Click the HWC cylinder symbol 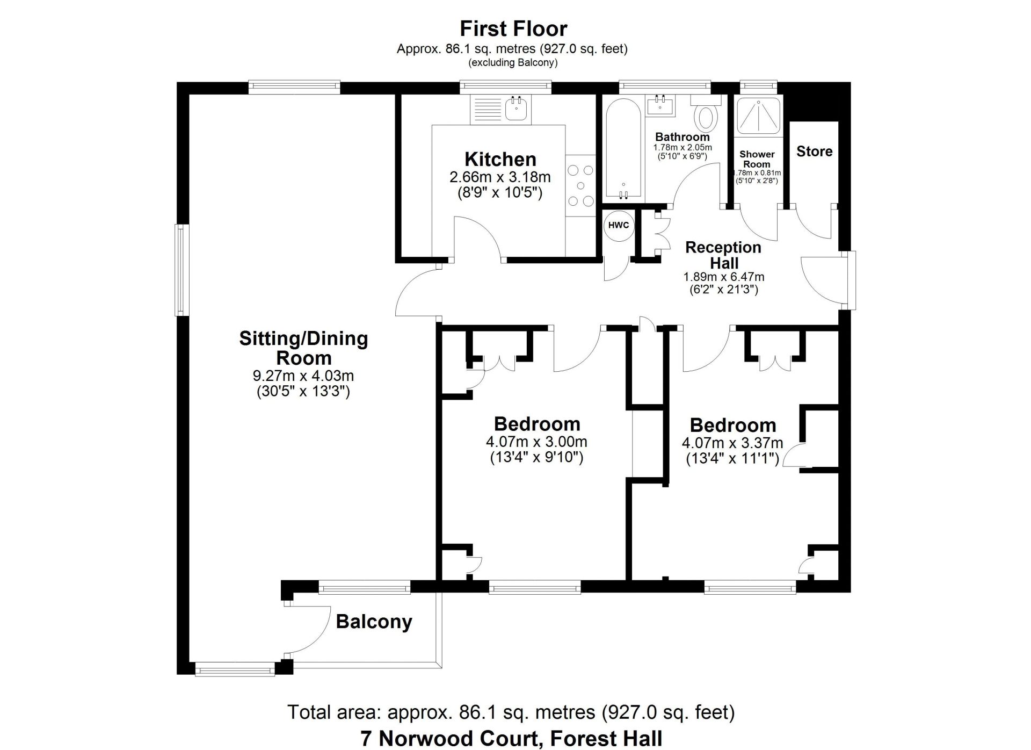click(619, 226)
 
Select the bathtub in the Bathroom click(623, 149)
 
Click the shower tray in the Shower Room click(757, 116)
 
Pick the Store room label click(814, 152)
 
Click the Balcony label click(374, 622)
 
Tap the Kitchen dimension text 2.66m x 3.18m click(500, 177)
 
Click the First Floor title click(513, 28)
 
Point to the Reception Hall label click(724, 255)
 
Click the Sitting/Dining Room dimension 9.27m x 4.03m click(303, 376)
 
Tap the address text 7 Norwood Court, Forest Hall click(512, 738)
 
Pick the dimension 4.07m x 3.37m click(732, 444)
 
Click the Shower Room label click(757, 159)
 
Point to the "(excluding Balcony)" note click(513, 63)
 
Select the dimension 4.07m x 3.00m click(536, 442)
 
